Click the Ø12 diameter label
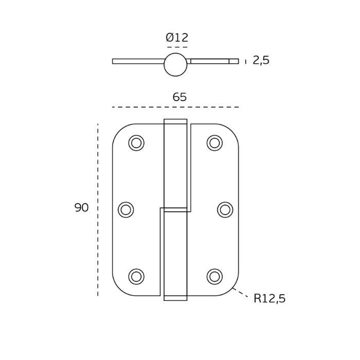pos(177,38)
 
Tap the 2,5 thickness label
pos(261,60)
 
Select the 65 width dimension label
pos(179,97)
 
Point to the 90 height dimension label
pos(81,208)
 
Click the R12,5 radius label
pos(269,298)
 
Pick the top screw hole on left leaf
pos(136,143)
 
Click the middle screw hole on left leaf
pos(126,210)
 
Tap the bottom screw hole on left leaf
pos(136,277)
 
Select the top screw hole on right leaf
pos(214,143)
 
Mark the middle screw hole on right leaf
pos(225,210)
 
